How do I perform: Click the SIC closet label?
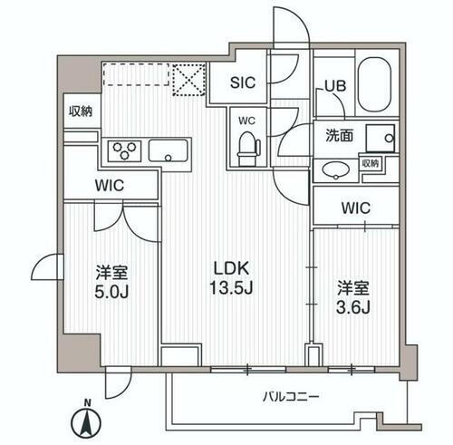tap(242, 82)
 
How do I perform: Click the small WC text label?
tap(246, 119)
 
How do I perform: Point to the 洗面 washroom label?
tap(340, 137)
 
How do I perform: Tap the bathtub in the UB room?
tap(374, 85)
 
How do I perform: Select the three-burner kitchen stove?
tap(124, 150)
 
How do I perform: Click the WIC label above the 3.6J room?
tap(355, 208)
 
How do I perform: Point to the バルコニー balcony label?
tap(291, 396)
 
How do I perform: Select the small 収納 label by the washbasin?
tap(370, 163)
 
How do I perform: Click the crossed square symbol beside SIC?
tap(190, 78)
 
